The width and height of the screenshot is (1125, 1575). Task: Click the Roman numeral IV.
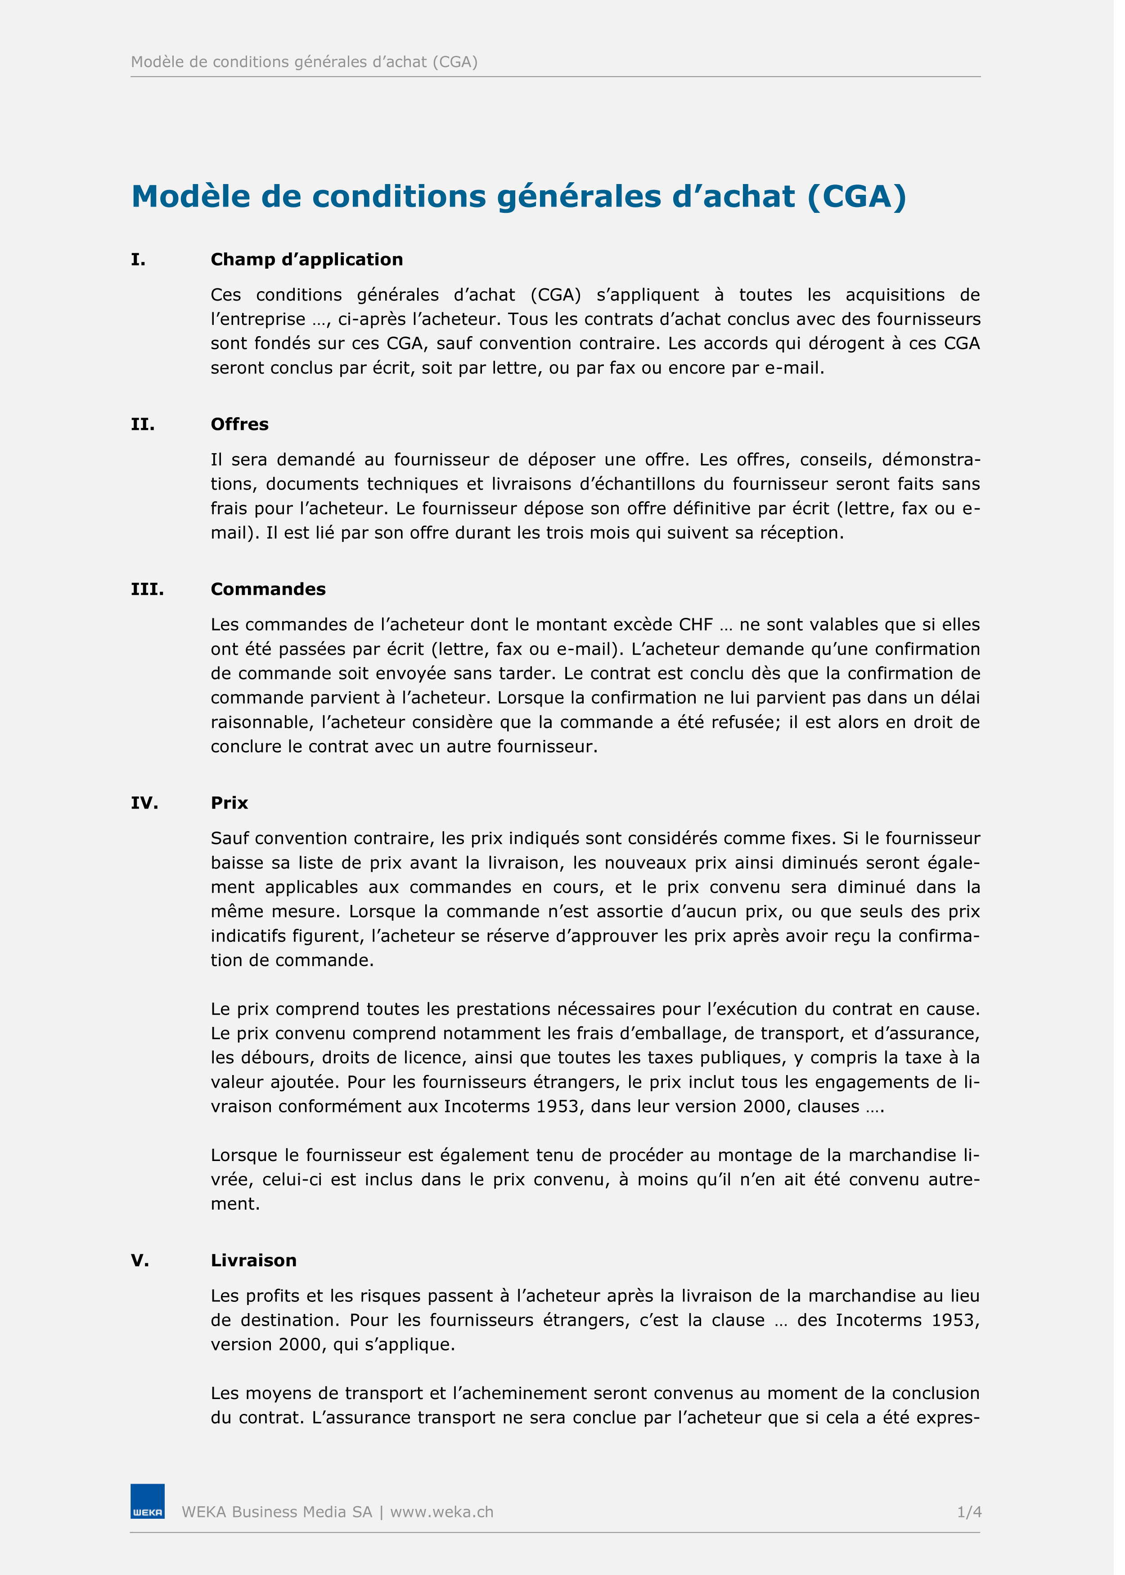144,803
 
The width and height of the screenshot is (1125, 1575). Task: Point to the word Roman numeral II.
143,424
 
